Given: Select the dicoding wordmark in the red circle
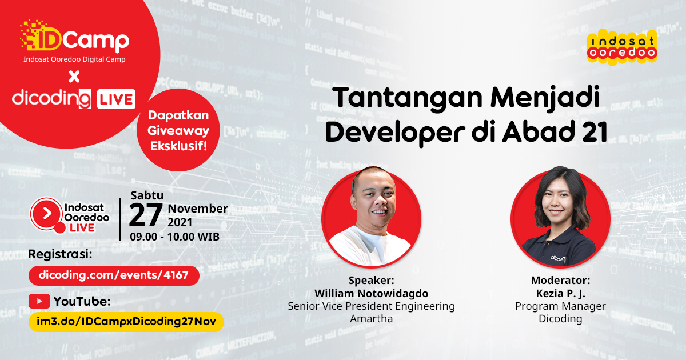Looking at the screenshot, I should tap(51, 98).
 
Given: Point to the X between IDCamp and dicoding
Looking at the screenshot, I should tap(74, 76).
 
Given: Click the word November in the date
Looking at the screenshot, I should tap(198, 209).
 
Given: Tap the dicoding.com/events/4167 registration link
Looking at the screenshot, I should tap(114, 275).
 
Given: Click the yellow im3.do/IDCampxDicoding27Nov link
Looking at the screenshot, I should tap(126, 321).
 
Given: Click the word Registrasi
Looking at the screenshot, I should tap(59, 254).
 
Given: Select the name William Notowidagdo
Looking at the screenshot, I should tap(371, 293).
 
